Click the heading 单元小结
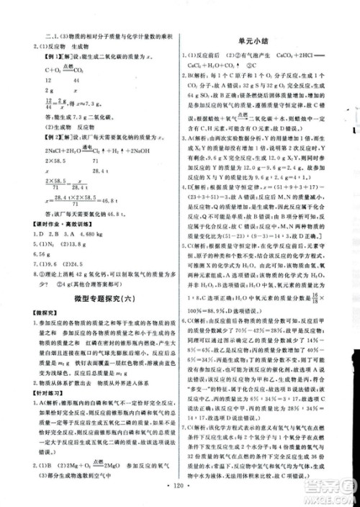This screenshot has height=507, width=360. coord(265,41)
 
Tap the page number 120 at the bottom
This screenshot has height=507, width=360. coord(180,496)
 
